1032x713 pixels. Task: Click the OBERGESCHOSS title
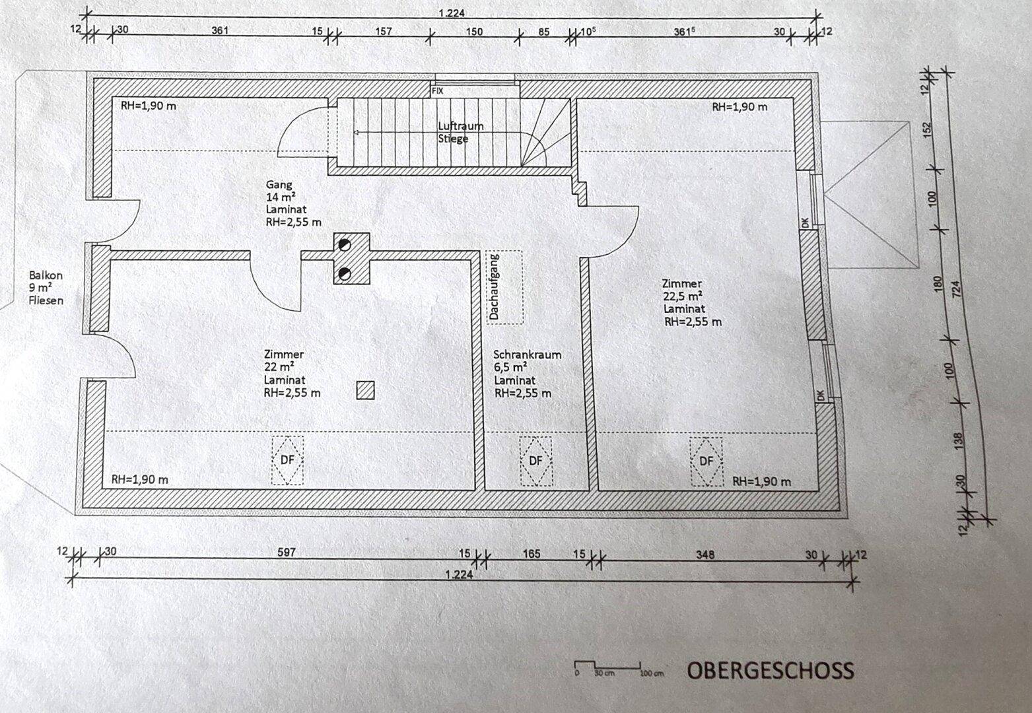click(771, 671)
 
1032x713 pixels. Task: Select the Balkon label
click(46, 275)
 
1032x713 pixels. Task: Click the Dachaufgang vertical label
click(495, 287)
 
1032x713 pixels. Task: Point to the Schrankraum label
click(527, 355)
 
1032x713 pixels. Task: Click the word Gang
click(279, 185)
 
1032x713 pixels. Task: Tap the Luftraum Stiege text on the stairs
click(460, 132)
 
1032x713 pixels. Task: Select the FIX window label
click(437, 91)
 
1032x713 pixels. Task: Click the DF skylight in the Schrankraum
click(535, 461)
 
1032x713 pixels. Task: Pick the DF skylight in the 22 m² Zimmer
click(287, 459)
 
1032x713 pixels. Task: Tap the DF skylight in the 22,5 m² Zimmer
click(706, 461)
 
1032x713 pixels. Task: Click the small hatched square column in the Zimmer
click(365, 390)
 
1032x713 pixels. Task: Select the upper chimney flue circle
click(344, 244)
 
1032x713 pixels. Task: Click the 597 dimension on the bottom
click(286, 552)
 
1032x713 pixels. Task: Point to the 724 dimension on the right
click(955, 289)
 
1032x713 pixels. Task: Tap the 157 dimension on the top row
click(383, 31)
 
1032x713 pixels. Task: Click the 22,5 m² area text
click(682, 296)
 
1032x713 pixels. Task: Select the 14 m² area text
click(280, 197)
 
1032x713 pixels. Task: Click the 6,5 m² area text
click(510, 368)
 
